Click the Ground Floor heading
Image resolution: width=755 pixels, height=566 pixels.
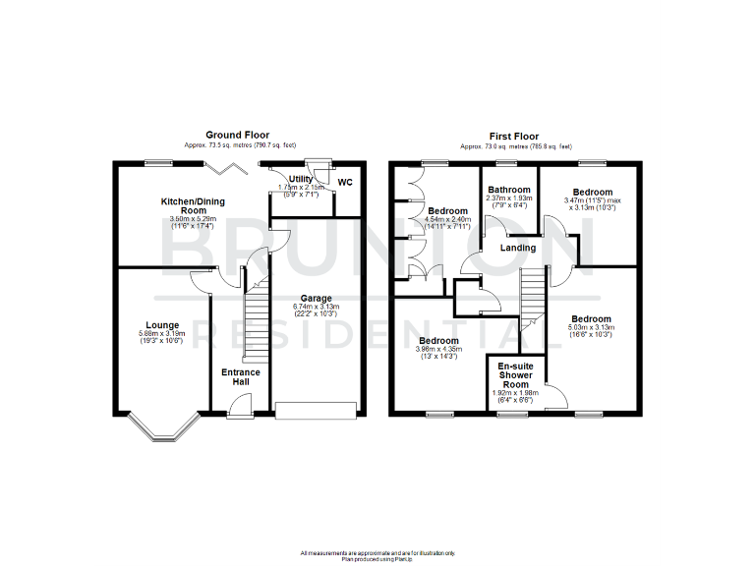[x=237, y=135]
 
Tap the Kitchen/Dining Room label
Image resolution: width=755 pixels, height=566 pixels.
[x=193, y=205]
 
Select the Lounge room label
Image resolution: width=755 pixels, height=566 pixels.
[x=162, y=324]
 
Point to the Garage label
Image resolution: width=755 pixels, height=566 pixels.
[x=316, y=299]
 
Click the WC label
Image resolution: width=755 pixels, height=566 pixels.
[x=345, y=182]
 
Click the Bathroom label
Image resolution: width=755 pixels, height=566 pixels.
[x=511, y=190]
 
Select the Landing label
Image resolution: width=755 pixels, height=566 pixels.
[x=518, y=248]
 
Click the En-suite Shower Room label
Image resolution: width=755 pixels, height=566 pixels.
[x=515, y=375]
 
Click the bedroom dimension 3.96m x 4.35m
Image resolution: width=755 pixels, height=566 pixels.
[x=436, y=350]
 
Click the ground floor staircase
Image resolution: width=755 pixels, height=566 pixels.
[x=255, y=314]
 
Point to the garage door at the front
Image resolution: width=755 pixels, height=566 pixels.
[x=315, y=410]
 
